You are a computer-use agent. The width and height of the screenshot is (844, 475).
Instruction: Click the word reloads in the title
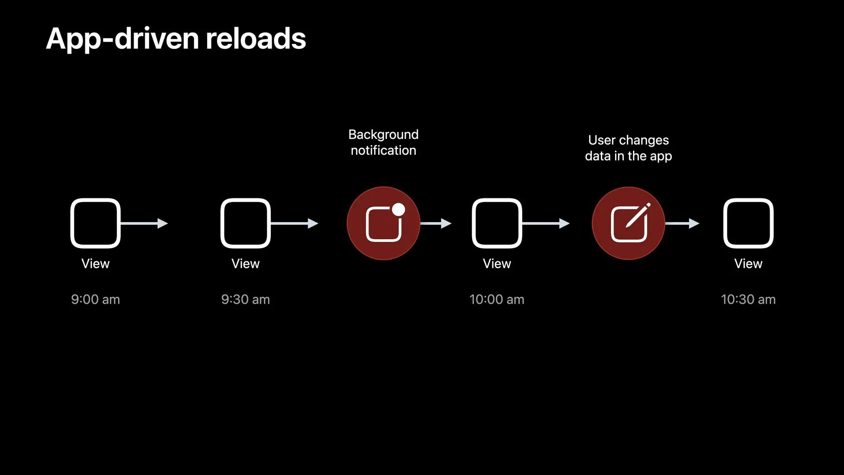tap(255, 39)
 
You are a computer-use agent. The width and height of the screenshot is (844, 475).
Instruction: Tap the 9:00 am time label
tap(95, 300)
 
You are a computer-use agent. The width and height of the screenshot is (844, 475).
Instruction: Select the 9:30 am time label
tap(245, 300)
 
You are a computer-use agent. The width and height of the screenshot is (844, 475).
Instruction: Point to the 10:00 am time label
tap(497, 300)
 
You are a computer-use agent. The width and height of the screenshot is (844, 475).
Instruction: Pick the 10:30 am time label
tap(748, 300)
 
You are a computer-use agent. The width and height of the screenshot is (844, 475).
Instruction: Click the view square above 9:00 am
tap(95, 223)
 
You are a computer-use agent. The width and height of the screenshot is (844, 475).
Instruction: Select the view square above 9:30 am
tap(245, 223)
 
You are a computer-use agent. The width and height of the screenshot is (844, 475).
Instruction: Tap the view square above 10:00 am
tap(497, 223)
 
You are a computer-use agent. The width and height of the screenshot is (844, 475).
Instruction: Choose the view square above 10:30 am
tap(748, 223)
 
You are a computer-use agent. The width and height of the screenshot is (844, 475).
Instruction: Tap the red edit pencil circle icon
tap(628, 223)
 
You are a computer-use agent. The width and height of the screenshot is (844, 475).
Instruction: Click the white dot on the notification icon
tap(398, 210)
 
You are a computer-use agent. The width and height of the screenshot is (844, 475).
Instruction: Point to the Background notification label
tap(383, 142)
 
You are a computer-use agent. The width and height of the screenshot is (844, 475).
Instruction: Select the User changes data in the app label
tap(628, 148)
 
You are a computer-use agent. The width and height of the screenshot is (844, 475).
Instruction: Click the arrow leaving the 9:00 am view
tap(144, 223)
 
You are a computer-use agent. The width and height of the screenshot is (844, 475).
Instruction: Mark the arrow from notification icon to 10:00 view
tap(436, 223)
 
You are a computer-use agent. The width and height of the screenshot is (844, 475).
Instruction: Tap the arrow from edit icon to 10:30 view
tap(682, 223)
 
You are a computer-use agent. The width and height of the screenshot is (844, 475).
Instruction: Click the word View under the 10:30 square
tap(748, 263)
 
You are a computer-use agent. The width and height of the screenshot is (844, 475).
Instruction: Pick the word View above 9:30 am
tap(245, 263)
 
